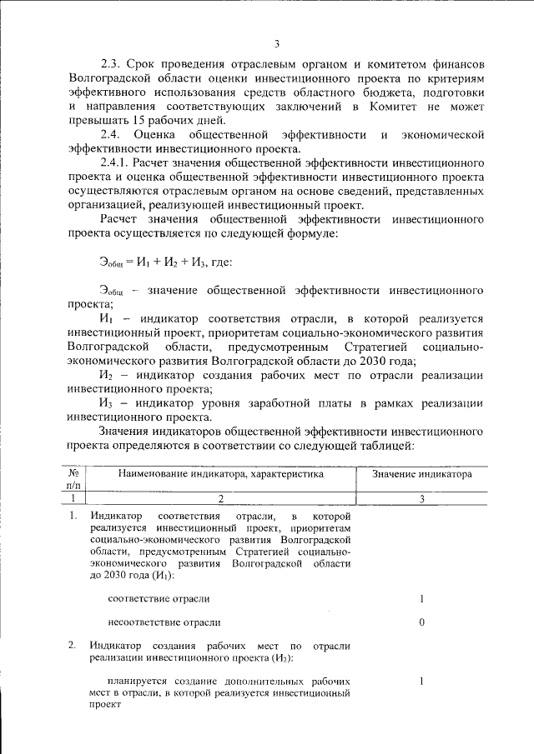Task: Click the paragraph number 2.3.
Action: tap(111, 63)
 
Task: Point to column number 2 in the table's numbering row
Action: tap(221, 498)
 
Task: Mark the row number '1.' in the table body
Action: tap(73, 517)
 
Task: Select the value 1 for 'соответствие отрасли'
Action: tap(422, 598)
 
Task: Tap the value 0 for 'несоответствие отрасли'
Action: tap(422, 622)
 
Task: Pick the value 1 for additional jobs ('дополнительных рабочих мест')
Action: tap(422, 681)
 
